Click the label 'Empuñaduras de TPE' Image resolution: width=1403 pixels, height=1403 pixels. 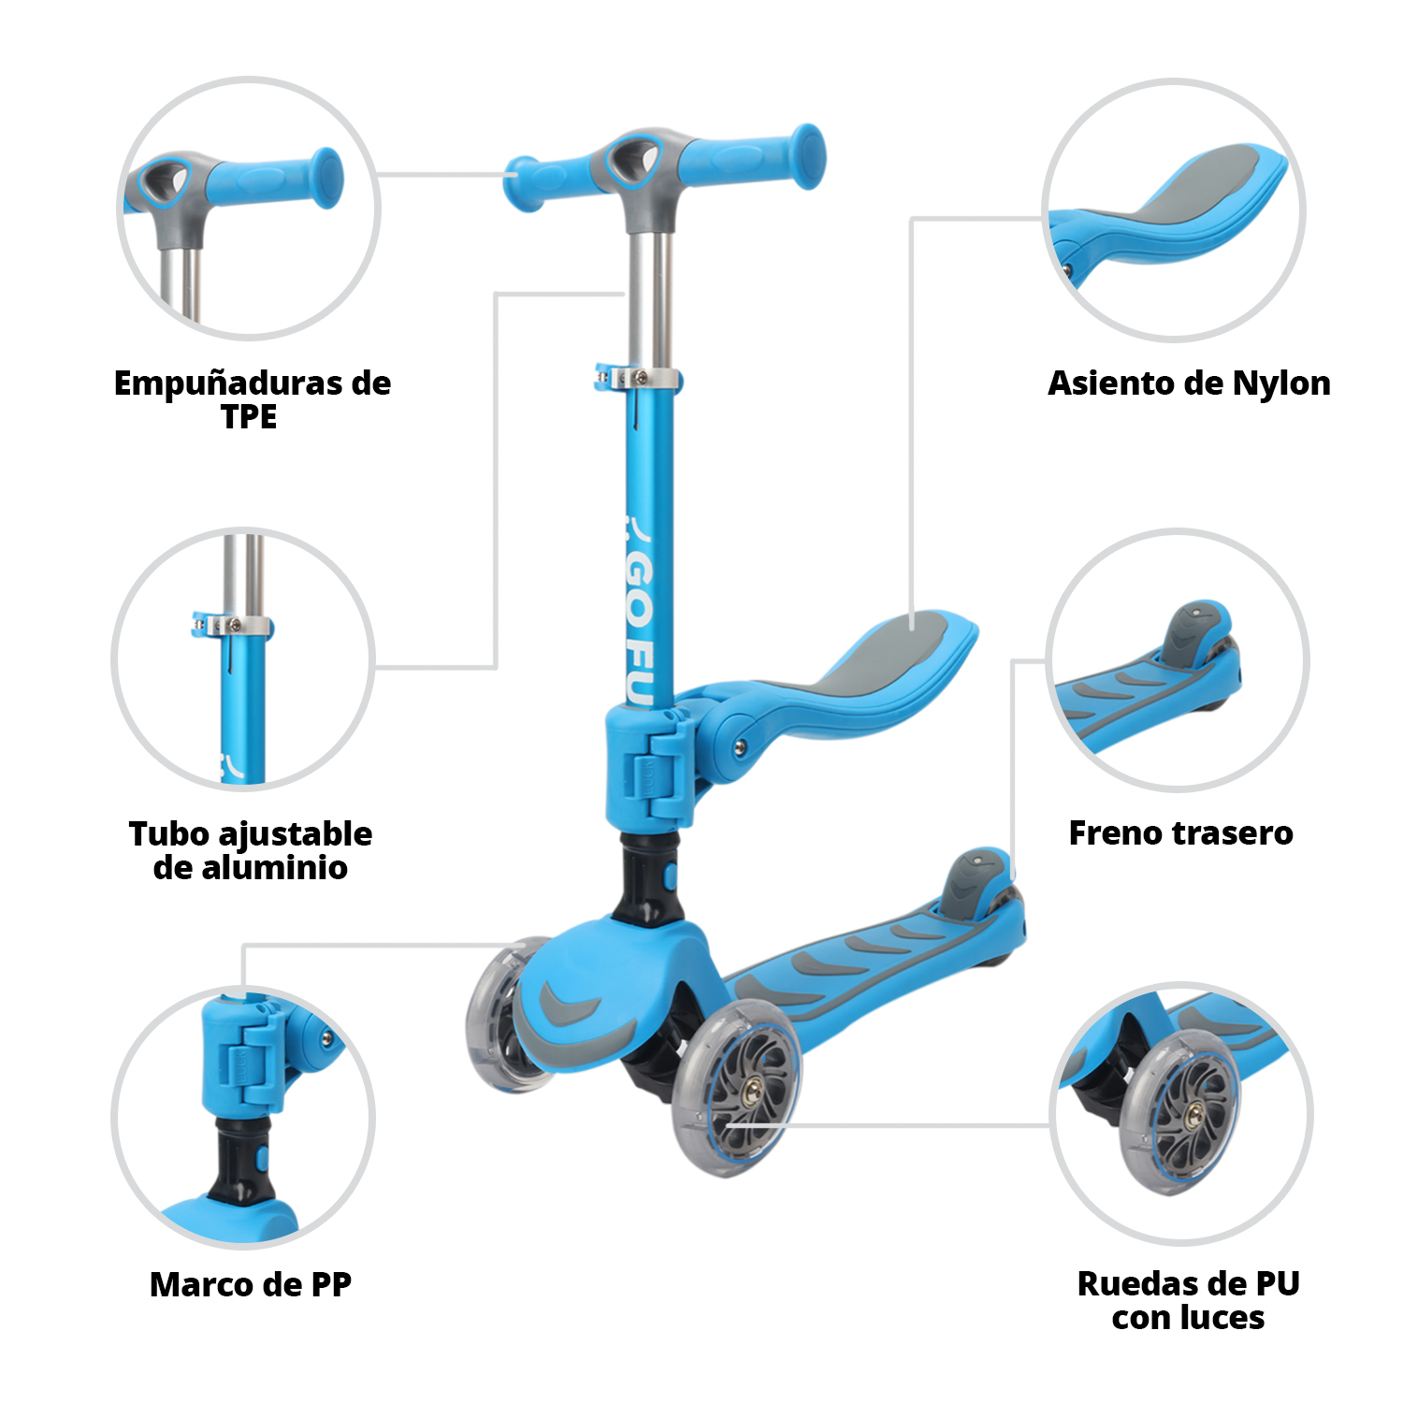(252, 399)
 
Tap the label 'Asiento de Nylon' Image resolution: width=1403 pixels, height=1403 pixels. (1189, 383)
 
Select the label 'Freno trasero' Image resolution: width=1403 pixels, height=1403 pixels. (1180, 832)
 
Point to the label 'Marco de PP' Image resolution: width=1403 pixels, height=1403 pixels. (251, 1284)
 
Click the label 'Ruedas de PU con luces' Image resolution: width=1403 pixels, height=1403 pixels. (1189, 1300)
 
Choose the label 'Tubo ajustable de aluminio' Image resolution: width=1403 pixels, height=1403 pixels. (251, 850)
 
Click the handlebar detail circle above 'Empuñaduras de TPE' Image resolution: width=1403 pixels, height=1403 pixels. (249, 208)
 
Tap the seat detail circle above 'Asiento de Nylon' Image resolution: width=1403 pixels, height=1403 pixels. (1175, 210)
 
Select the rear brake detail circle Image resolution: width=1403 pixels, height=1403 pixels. (1178, 660)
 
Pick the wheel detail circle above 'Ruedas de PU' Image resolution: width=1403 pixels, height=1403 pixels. (1181, 1113)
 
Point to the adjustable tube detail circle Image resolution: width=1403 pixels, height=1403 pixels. (243, 659)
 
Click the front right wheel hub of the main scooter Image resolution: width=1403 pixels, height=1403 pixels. (751, 1090)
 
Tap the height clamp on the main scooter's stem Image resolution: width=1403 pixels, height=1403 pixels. (639, 379)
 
